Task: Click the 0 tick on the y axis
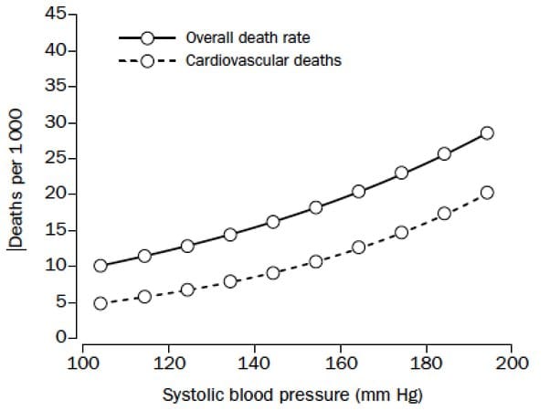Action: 60,338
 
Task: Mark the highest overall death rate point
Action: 487,132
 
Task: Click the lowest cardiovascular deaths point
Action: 100,303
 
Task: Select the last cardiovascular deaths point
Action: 487,193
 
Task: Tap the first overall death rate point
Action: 100,266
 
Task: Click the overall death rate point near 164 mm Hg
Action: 358,191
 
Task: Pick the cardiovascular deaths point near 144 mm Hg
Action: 272,272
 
